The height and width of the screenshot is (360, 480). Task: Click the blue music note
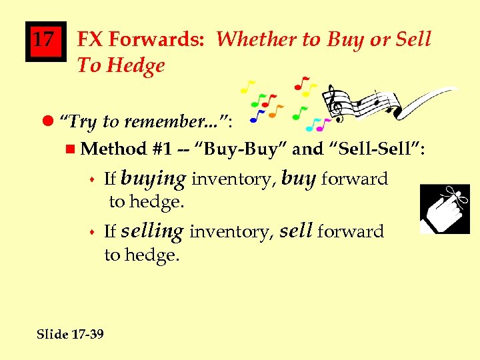click(257, 117)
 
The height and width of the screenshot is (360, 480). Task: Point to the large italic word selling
click(152, 231)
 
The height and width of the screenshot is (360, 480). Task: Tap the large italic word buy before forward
click(298, 179)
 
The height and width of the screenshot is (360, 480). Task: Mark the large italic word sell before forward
click(296, 231)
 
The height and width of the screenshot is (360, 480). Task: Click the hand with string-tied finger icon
click(444, 209)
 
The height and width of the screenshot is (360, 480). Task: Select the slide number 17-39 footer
click(70, 334)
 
